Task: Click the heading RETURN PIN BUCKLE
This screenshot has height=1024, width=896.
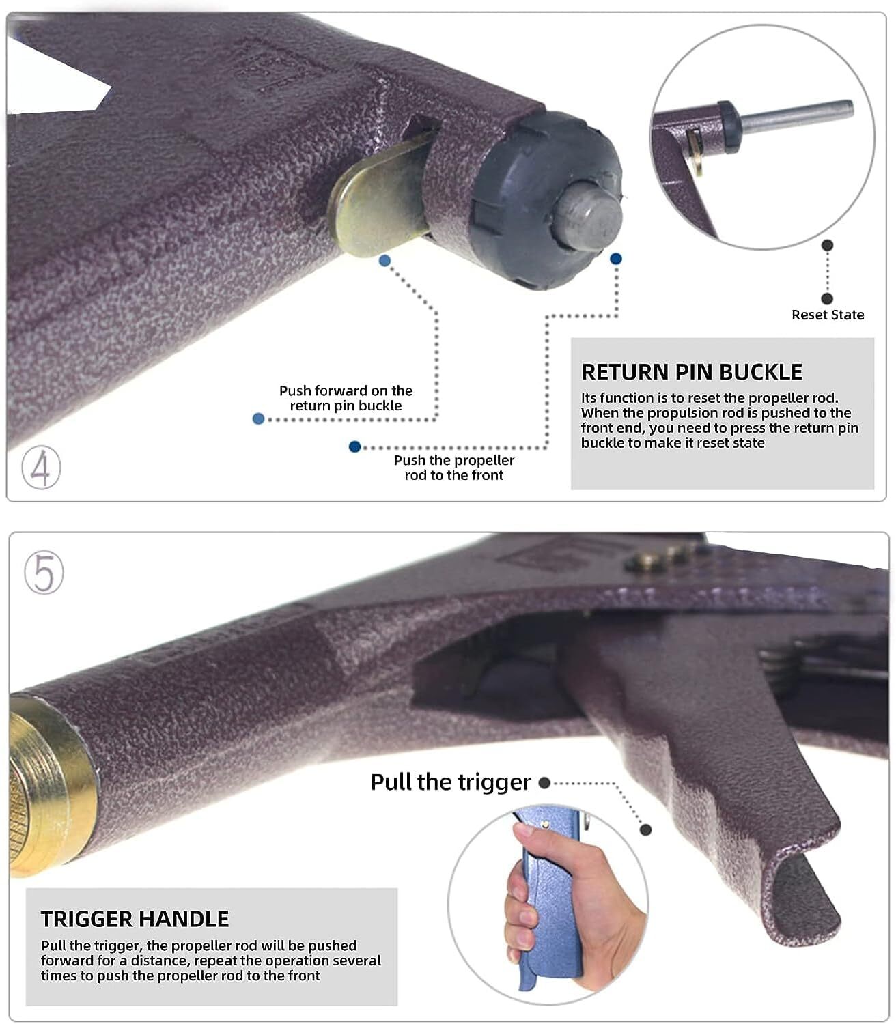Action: click(x=692, y=372)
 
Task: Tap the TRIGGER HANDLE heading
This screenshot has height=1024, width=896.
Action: click(x=135, y=919)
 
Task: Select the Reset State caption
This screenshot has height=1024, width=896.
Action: click(x=827, y=315)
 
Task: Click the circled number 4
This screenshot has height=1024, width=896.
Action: click(x=41, y=468)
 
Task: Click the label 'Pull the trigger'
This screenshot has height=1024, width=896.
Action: click(x=450, y=782)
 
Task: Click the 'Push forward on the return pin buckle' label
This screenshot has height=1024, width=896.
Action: click(x=346, y=398)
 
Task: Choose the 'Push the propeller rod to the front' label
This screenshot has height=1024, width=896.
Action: click(x=453, y=468)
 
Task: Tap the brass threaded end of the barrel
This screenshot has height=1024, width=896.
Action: click(x=41, y=785)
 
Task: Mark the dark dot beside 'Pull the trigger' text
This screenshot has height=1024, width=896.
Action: click(x=544, y=783)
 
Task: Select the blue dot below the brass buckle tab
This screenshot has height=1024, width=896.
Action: click(x=384, y=260)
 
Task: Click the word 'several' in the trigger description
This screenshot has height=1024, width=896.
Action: click(x=356, y=961)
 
